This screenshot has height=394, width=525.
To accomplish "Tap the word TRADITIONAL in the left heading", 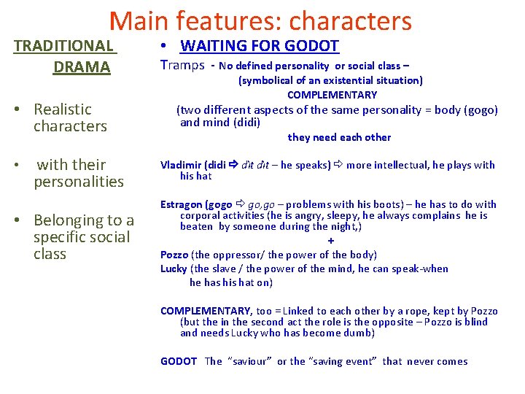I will [x=63, y=46].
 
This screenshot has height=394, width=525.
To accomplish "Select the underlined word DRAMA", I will [x=82, y=67].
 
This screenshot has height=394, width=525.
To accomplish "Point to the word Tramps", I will [x=182, y=66].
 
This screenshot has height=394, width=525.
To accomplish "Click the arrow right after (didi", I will [x=233, y=165].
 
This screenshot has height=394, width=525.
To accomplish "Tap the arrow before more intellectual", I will [x=338, y=165].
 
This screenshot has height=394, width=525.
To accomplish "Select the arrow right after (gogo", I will [x=240, y=204].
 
